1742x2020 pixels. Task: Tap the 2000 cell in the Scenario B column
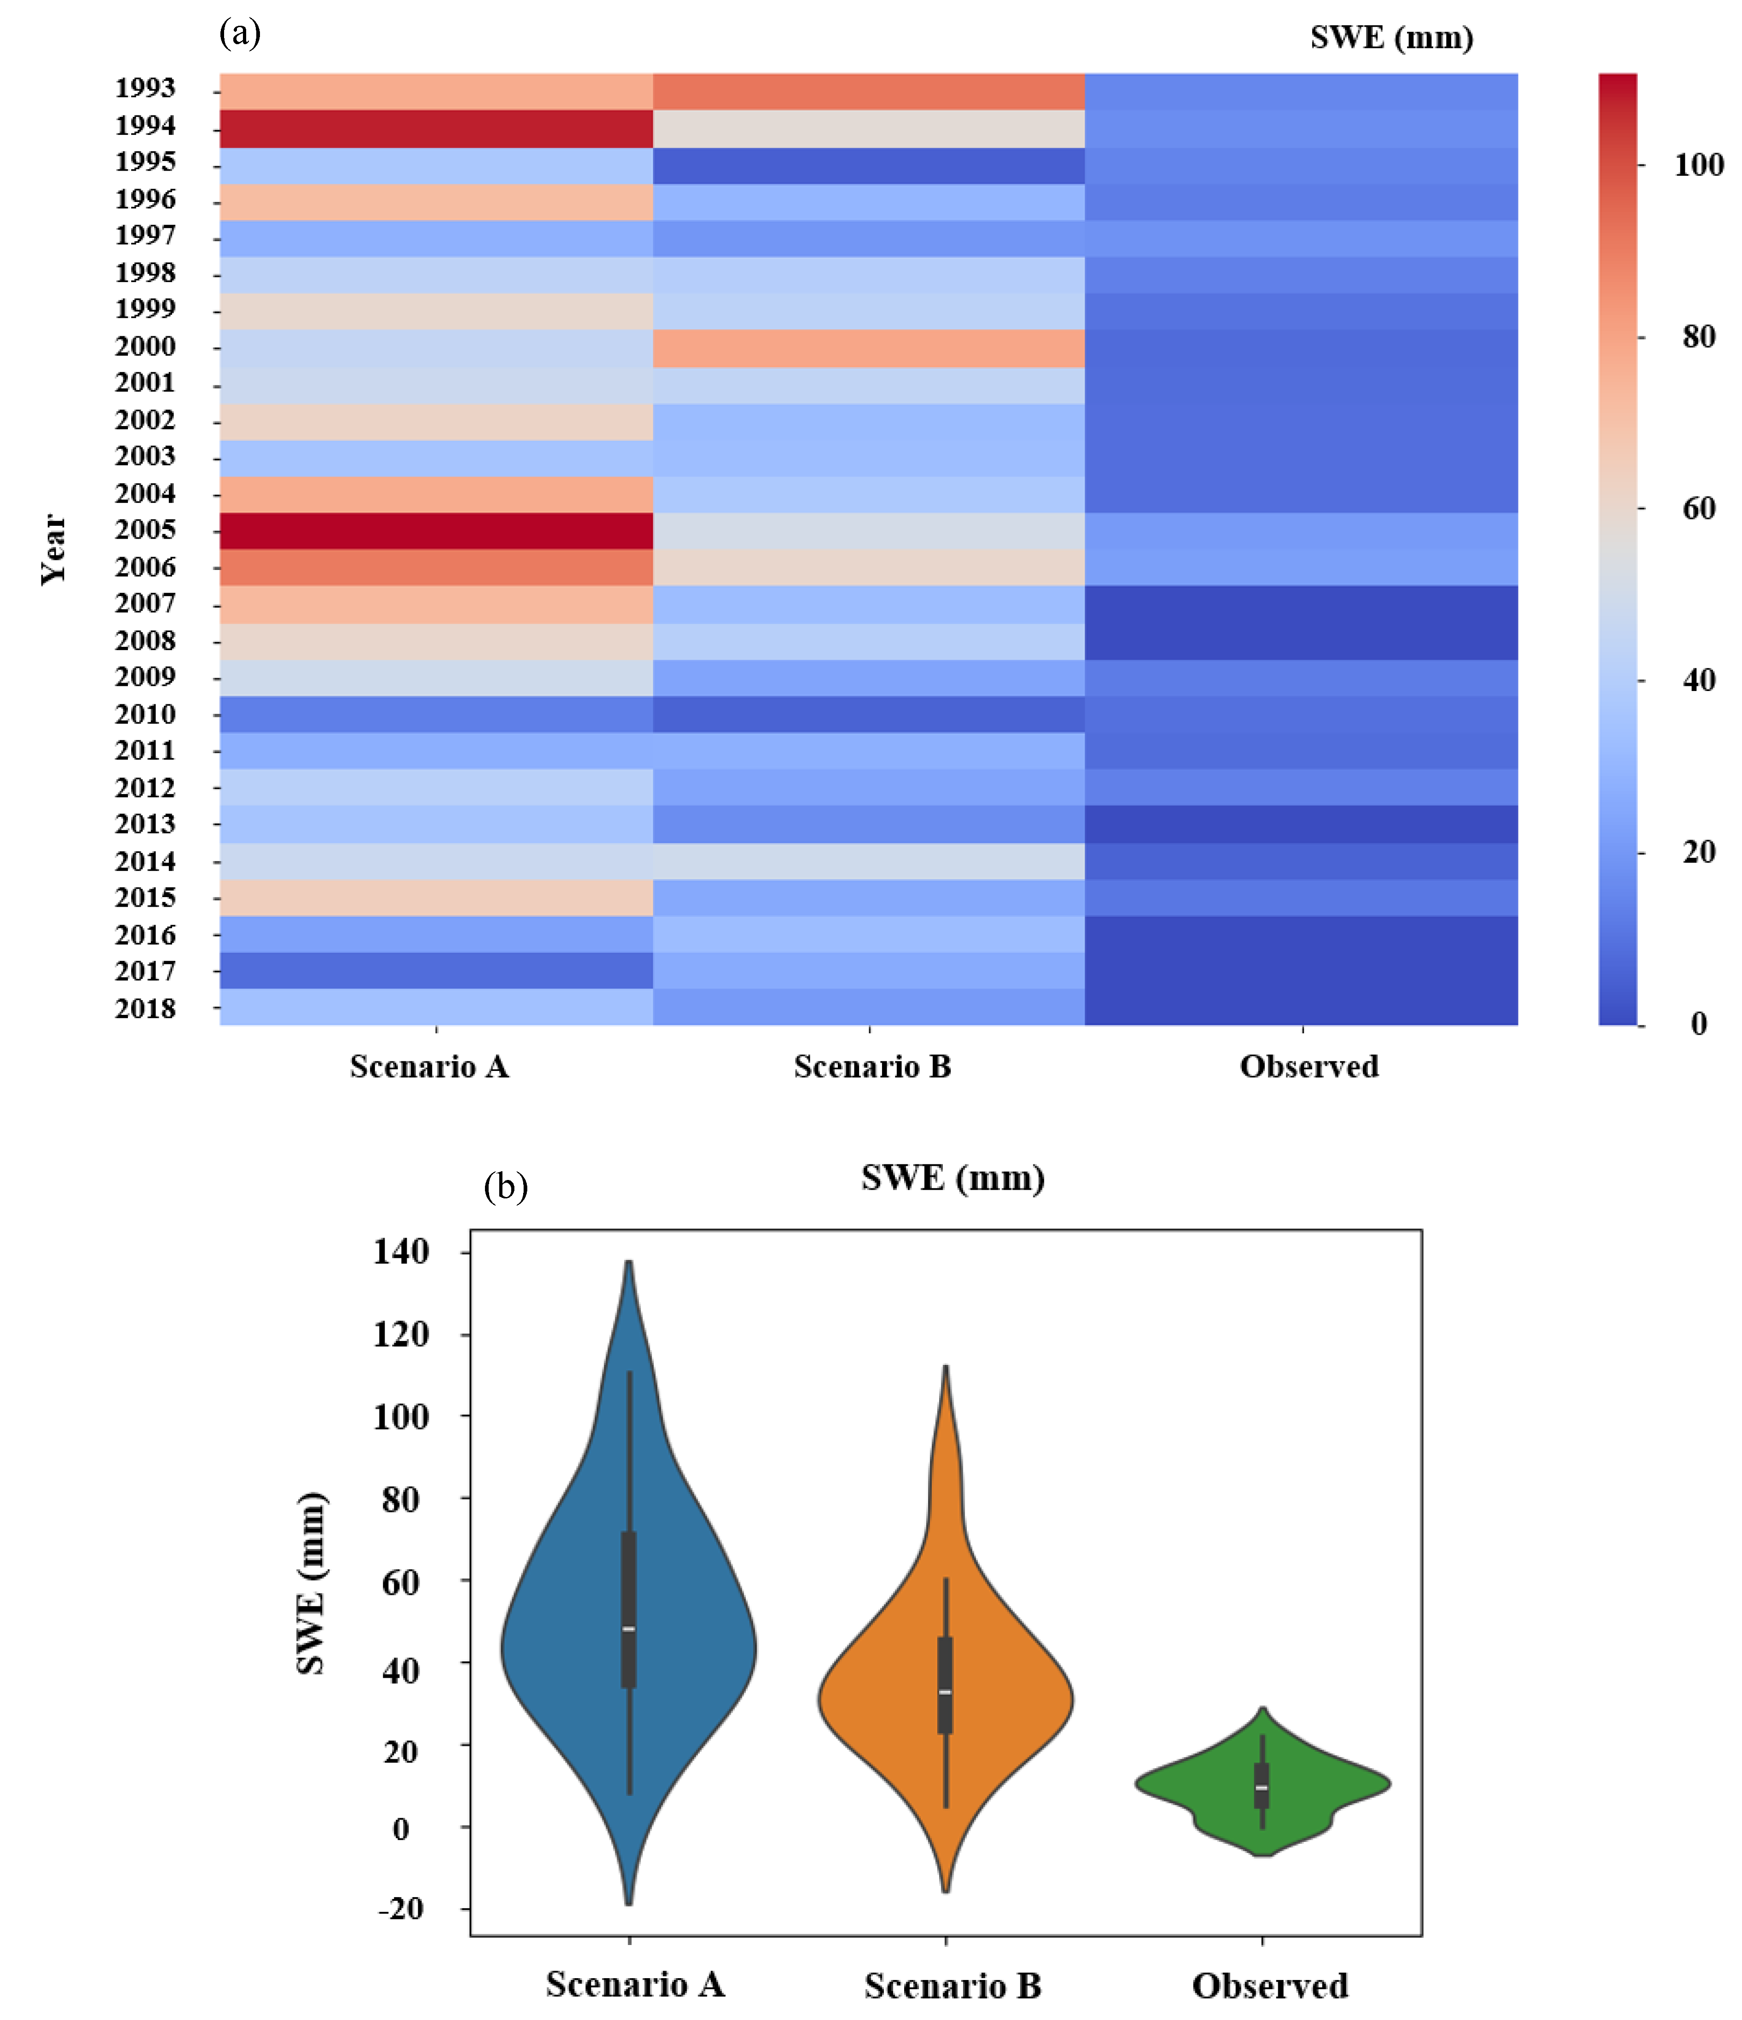[x=869, y=348]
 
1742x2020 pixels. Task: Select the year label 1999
[x=145, y=309]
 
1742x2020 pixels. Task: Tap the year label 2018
[x=145, y=1008]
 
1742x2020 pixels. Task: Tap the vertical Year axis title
[x=54, y=549]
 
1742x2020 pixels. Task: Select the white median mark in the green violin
[x=1262, y=1787]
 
